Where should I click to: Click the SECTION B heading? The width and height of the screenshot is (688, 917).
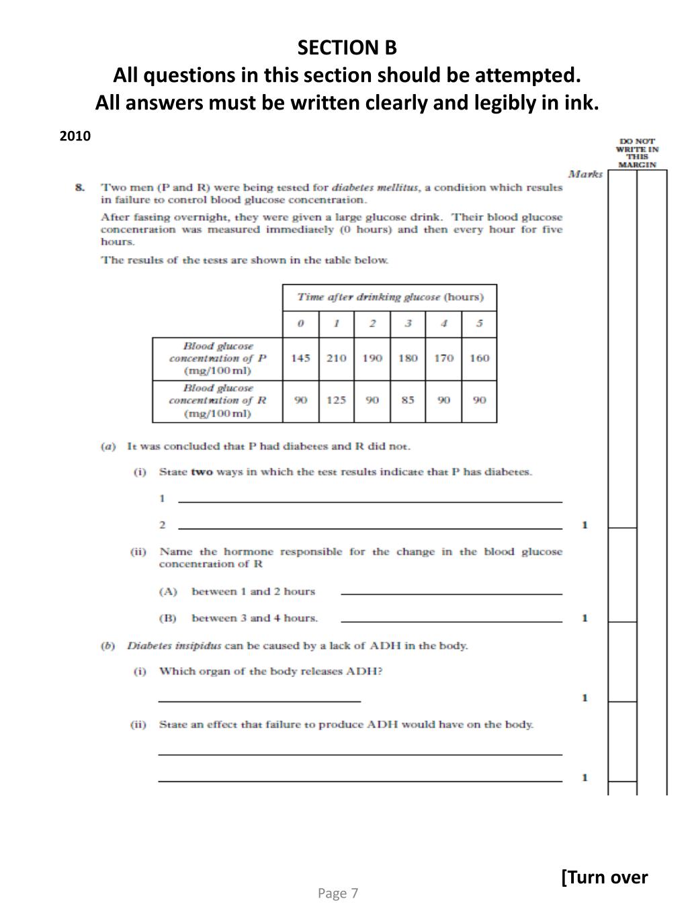click(x=347, y=48)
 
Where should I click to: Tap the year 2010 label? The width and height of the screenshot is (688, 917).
click(x=75, y=136)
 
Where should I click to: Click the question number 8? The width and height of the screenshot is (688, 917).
click(x=80, y=187)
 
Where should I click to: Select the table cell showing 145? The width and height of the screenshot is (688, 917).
click(x=300, y=358)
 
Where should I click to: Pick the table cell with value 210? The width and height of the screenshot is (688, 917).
click(x=336, y=358)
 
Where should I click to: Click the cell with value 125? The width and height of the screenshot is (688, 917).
click(x=336, y=400)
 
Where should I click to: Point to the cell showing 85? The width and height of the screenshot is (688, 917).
click(x=408, y=400)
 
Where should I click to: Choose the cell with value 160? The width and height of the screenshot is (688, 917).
click(x=479, y=358)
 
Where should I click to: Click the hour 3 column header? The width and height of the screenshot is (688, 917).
click(x=408, y=323)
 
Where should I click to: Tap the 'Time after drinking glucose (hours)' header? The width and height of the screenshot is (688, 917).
click(x=390, y=297)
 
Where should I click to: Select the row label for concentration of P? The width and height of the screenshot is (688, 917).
click(x=218, y=358)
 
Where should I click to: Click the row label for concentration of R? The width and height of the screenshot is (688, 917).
click(x=218, y=400)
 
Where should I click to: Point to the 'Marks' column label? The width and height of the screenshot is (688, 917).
click(x=585, y=174)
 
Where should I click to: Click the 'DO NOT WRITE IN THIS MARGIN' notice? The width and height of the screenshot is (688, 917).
click(x=637, y=153)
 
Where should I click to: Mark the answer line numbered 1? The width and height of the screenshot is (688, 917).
click(x=370, y=500)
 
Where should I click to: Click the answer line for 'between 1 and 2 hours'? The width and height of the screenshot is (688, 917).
click(x=451, y=593)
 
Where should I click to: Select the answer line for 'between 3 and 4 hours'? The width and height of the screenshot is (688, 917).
click(x=451, y=621)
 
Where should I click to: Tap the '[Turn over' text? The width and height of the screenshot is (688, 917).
click(x=605, y=877)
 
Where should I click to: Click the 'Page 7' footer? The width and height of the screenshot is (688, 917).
click(x=338, y=893)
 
